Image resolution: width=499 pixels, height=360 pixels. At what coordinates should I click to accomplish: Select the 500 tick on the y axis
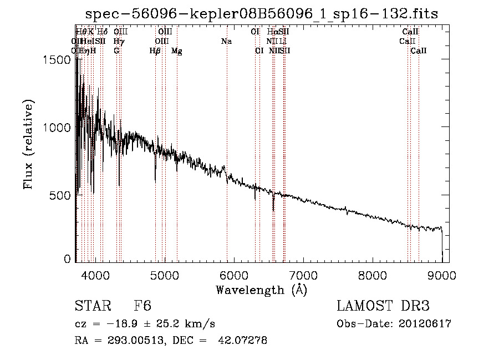[x=60, y=195]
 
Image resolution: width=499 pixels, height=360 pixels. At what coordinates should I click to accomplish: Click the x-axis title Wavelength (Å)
[x=261, y=290]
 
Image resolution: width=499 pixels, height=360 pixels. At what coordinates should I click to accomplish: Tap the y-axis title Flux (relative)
[x=29, y=144]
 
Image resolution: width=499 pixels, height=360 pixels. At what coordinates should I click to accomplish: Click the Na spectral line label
[x=226, y=42]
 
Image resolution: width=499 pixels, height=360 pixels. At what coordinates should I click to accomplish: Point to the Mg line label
[x=176, y=51]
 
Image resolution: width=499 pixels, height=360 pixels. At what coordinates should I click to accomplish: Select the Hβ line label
[x=155, y=51]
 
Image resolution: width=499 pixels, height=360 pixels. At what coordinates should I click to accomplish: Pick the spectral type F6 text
[x=142, y=306]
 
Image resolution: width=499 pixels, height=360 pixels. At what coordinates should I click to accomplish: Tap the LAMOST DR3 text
[x=383, y=306]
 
